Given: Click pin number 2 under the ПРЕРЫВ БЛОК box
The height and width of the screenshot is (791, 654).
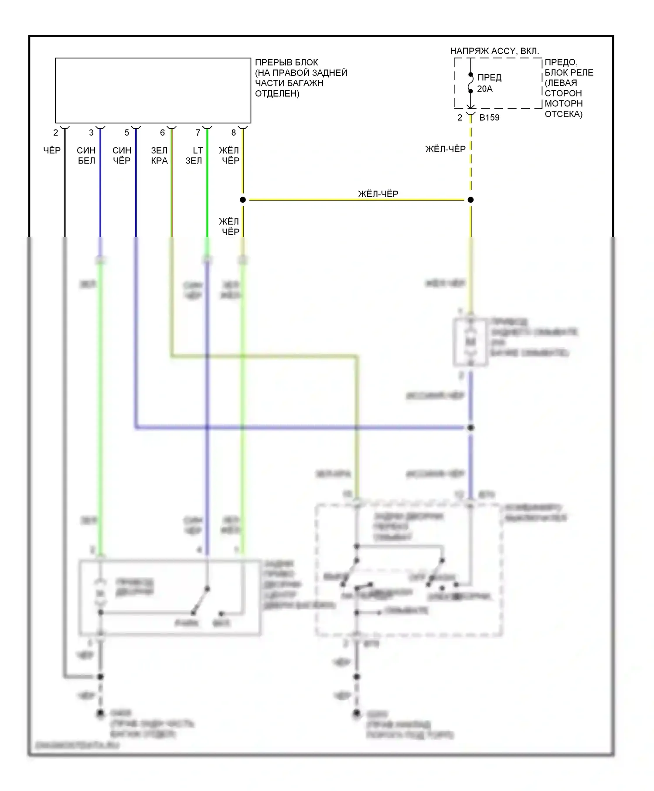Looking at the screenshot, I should point(56,133).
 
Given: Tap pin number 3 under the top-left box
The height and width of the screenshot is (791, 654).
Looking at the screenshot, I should point(91,133).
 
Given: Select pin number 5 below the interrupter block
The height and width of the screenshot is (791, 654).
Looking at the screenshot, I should point(127,133).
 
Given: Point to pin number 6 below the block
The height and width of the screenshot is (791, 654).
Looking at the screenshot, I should point(162,133).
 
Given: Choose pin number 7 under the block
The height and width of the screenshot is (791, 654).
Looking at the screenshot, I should point(198,133).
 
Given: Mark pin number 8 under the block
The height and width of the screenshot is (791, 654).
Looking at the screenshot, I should point(234,133).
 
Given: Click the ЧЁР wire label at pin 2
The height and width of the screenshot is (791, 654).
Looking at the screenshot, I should point(52,150).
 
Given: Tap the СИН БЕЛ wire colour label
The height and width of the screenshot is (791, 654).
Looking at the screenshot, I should point(86,156).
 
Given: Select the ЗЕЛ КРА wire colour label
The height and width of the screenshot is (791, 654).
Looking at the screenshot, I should point(159,156).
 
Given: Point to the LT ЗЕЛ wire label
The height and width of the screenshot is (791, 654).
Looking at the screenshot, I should point(194,156).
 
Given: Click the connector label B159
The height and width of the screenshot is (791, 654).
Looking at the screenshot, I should point(489,118).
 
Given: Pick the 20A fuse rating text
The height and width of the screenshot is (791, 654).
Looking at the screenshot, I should point(485,89).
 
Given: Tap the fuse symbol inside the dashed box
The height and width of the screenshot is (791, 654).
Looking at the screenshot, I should point(471,83).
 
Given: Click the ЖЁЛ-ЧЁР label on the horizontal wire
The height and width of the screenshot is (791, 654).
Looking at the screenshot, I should point(378,194).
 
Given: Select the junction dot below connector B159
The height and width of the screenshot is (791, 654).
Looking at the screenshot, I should point(471,200).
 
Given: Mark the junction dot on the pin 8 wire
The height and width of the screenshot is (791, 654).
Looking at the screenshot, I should point(243,200).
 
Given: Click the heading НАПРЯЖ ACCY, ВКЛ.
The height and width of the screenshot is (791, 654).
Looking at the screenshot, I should point(494,51).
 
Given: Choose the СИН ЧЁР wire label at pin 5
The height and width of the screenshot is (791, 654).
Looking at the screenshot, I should point(122,156).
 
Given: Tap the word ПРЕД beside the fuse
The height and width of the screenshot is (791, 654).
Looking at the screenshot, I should point(489,78).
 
